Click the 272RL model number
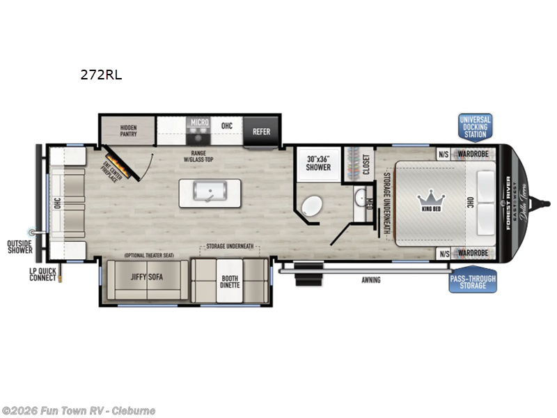point(101,75)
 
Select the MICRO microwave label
point(200,123)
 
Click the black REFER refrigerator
point(261,131)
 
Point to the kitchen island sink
point(210,193)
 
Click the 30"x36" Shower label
point(317,163)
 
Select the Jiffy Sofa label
point(147,276)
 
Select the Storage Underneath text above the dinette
point(229,247)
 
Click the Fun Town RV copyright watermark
point(79,410)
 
